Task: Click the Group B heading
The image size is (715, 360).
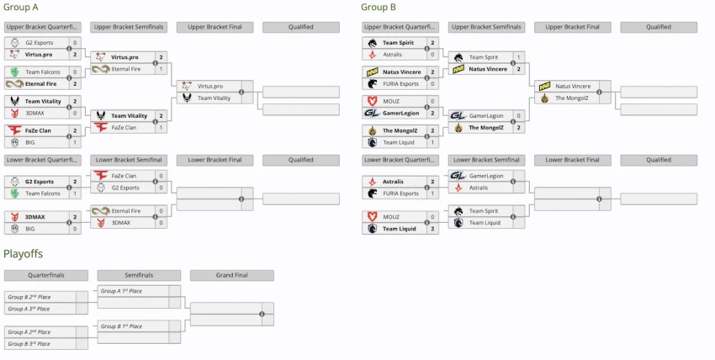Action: pyautogui.click(x=379, y=8)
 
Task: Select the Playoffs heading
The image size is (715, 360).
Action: pyautogui.click(x=23, y=253)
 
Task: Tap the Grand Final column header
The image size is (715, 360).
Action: pyautogui.click(x=231, y=275)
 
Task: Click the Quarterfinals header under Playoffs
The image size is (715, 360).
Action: pyautogui.click(x=45, y=275)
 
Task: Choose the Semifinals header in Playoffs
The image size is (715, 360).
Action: pyautogui.click(x=139, y=275)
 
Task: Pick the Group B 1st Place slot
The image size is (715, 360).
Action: pyautogui.click(x=123, y=326)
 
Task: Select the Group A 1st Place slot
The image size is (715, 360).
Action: pyautogui.click(x=123, y=291)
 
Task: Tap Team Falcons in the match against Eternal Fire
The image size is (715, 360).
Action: pyautogui.click(x=41, y=71)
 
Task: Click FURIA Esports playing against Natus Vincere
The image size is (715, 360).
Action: pyautogui.click(x=400, y=83)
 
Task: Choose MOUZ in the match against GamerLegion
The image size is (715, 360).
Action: pyautogui.click(x=391, y=101)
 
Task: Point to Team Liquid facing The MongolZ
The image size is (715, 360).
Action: pyautogui.click(x=399, y=142)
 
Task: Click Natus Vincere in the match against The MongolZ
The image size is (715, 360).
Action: pyautogui.click(x=572, y=86)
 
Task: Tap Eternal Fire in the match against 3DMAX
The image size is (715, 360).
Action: pyautogui.click(x=126, y=211)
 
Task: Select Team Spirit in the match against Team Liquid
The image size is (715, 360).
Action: pyautogui.click(x=484, y=211)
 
